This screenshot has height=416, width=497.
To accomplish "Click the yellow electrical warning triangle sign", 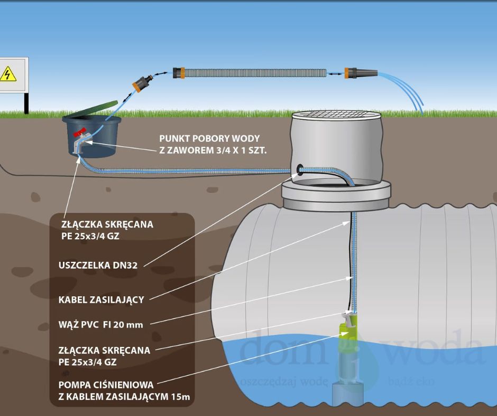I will pos(8,74).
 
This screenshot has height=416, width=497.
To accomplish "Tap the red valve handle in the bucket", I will pos(80,135).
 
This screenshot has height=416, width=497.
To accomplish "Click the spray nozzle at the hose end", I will pos(356,73).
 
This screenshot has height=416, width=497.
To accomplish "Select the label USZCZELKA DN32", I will pos(98,266).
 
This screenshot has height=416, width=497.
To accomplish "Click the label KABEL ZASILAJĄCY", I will pos(101,300).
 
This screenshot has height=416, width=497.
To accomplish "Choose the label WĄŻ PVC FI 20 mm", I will pos(100,324).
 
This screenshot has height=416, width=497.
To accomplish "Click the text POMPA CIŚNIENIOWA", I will pos(106,385).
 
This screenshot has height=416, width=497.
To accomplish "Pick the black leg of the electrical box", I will pos(25,103).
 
